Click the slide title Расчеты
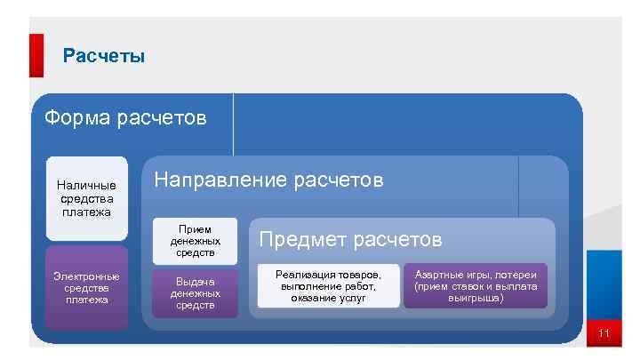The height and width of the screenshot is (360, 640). coord(104,57)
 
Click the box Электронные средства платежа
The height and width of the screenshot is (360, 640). coord(86,288)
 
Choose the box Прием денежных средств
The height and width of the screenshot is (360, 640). coord(195,241)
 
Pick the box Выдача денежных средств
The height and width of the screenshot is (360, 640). coord(195,292)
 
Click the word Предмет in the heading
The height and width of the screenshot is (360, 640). coord(301,239)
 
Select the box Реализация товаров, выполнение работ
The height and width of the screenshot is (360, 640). coord(328,286)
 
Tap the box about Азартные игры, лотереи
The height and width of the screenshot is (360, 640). coord(476,286)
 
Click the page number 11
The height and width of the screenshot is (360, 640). coord(604,334)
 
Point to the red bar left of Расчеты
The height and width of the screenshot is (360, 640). coord(36,55)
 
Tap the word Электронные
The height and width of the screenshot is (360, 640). coord(86,276)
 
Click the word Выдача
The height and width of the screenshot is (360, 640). coord(195,281)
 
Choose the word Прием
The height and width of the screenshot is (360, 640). coord(195,228)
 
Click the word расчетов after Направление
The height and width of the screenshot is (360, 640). coord(340,180)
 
